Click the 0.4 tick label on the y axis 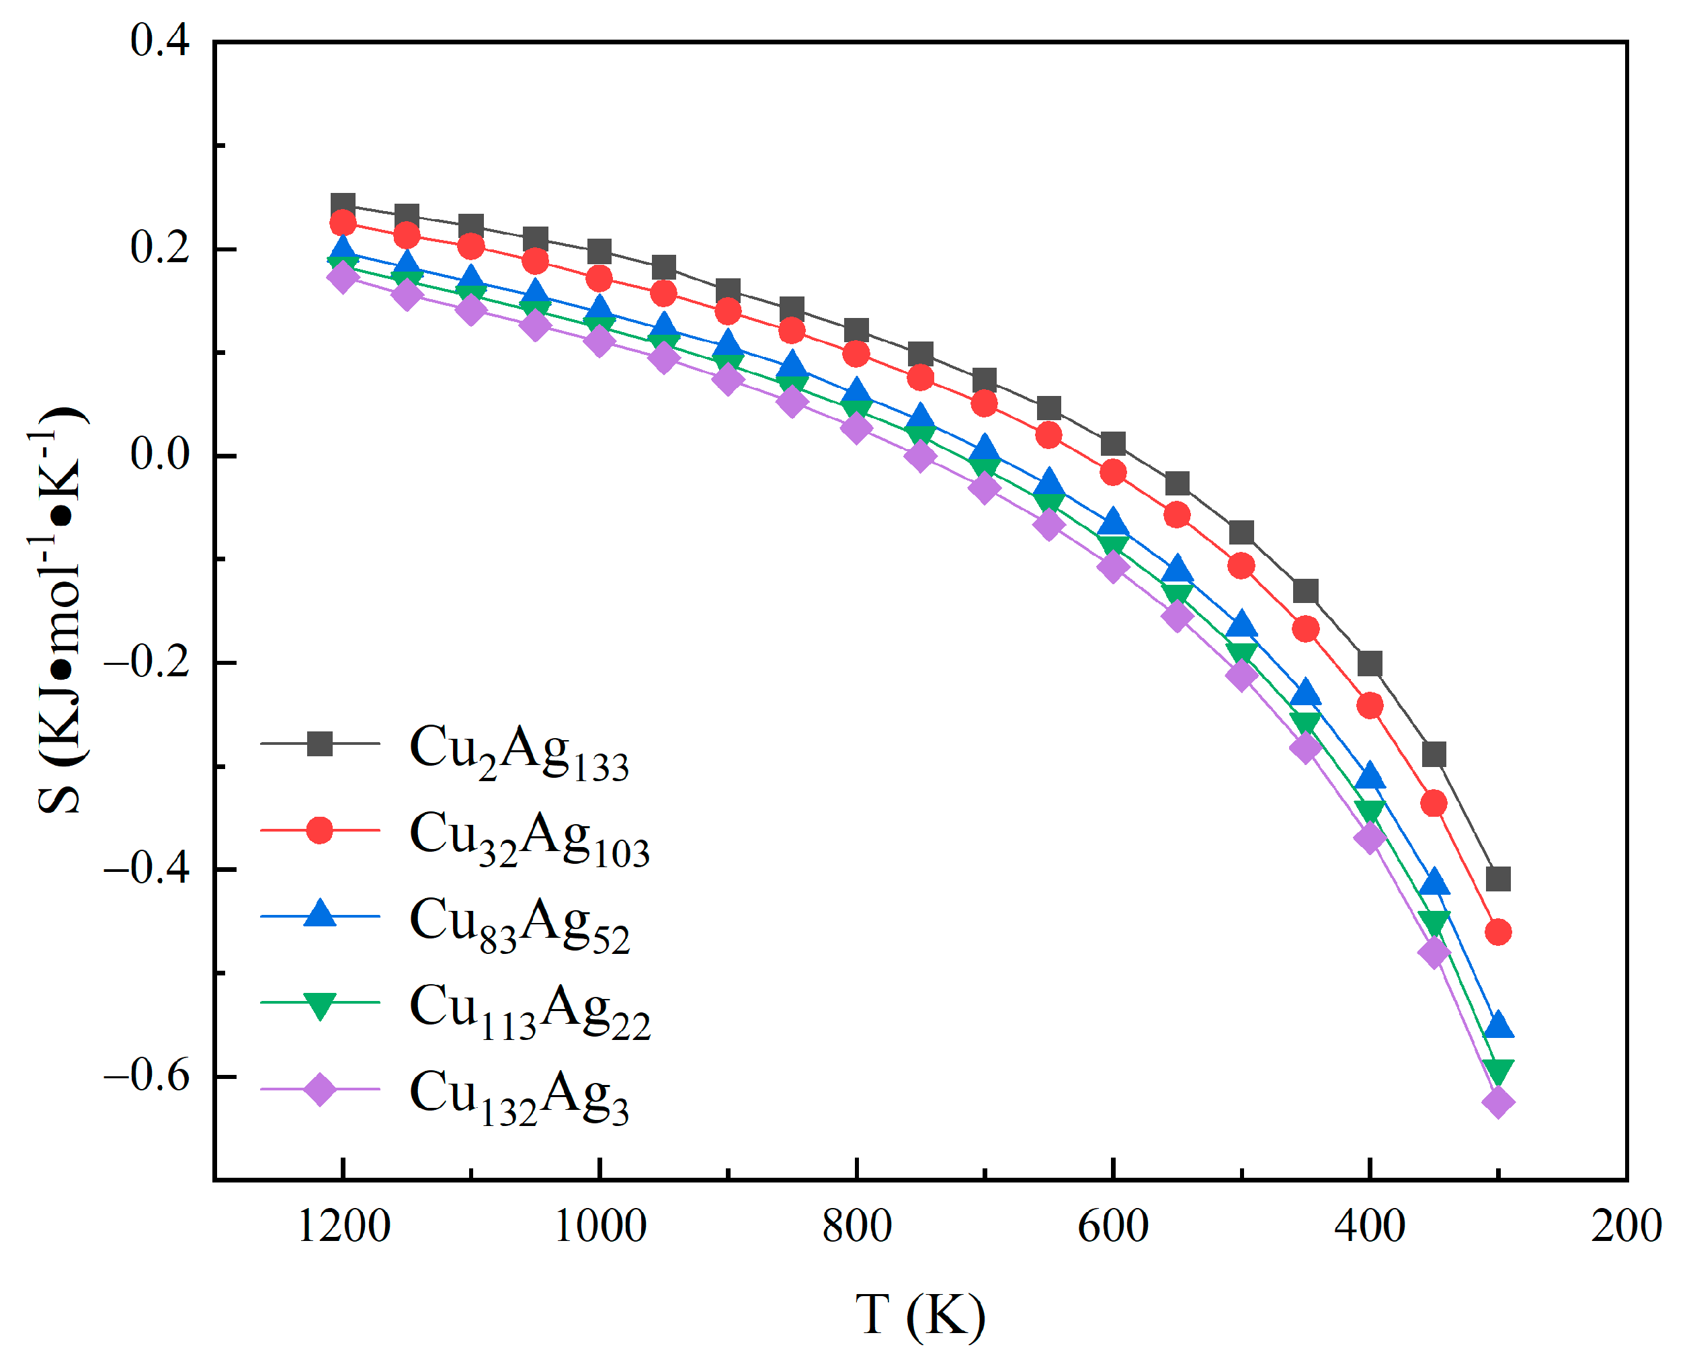pyautogui.click(x=160, y=41)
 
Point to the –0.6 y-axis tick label pyautogui.click(x=147, y=1076)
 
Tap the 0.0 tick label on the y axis pyautogui.click(x=160, y=455)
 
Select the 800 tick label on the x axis pyautogui.click(x=857, y=1226)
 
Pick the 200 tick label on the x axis pyautogui.click(x=1625, y=1226)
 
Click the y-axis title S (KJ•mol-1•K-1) pyautogui.click(x=59, y=610)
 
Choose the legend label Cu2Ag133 pyautogui.click(x=520, y=752)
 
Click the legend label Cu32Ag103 pyautogui.click(x=530, y=838)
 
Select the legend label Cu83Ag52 pyautogui.click(x=520, y=924)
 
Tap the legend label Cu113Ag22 pyautogui.click(x=530, y=1011)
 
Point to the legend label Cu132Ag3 pyautogui.click(x=520, y=1098)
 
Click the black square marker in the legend pyautogui.click(x=319, y=744)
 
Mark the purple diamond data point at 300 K pyautogui.click(x=1498, y=1102)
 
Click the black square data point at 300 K pyautogui.click(x=1498, y=879)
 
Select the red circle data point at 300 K pyautogui.click(x=1498, y=932)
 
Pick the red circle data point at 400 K pyautogui.click(x=1370, y=706)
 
